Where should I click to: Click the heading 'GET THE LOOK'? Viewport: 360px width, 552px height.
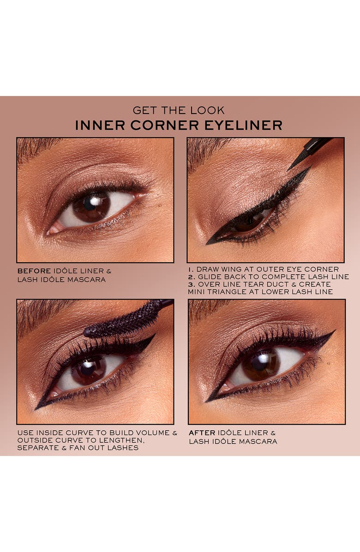[x=179, y=110]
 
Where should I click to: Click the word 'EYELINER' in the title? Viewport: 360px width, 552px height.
[x=247, y=125]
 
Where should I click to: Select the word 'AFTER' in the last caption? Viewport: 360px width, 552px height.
[x=202, y=432]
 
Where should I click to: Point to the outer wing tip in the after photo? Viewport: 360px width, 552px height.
[x=333, y=332]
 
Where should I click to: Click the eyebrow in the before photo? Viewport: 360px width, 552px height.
[x=37, y=148]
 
